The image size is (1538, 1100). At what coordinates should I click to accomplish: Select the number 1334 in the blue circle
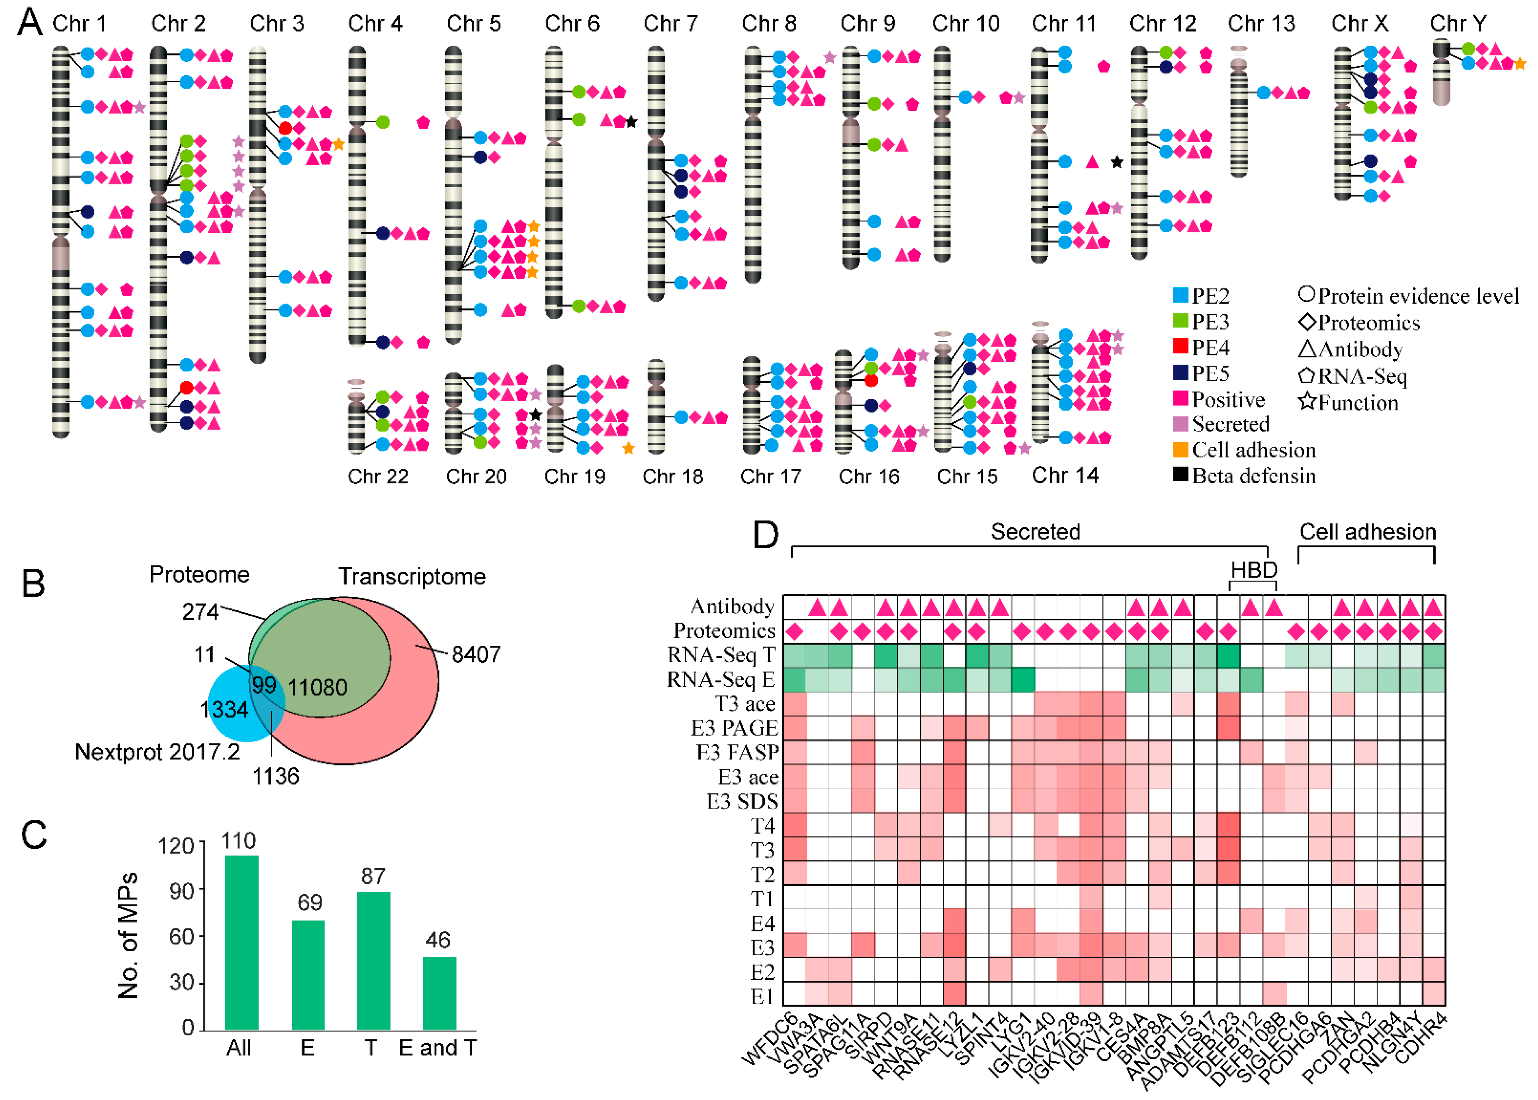[224, 709]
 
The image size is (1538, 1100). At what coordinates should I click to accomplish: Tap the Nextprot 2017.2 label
[157, 752]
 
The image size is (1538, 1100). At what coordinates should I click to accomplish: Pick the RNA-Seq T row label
[721, 655]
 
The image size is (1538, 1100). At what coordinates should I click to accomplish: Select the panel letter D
[766, 535]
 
